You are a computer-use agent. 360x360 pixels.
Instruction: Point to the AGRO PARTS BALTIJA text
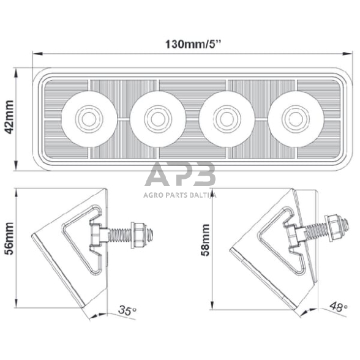(181, 197)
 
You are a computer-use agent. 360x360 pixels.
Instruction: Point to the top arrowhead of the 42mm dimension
(19, 70)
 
